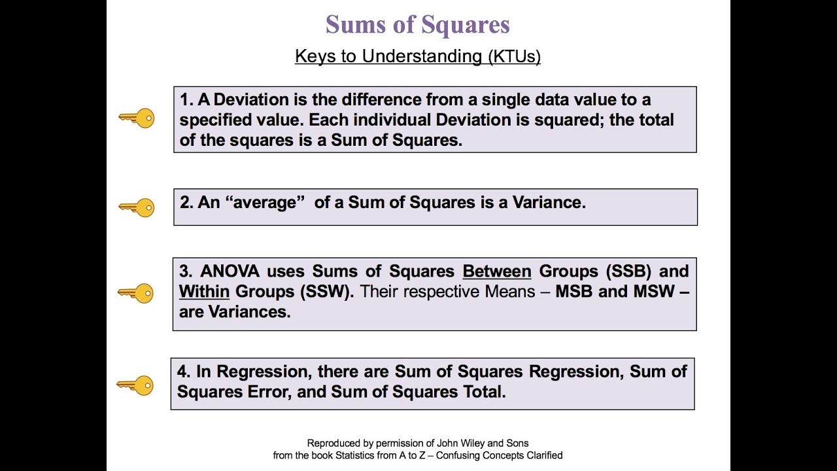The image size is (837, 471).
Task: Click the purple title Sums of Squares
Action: coord(418,25)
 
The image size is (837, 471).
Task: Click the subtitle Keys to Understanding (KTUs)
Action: coord(418,56)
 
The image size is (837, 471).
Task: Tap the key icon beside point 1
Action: coord(137,118)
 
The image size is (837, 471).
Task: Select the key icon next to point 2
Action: coord(137,208)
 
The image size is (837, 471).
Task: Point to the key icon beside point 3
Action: coord(136,292)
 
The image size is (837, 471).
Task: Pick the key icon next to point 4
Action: coord(135,385)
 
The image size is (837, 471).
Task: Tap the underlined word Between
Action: coord(497,271)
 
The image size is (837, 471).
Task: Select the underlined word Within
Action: coord(204,292)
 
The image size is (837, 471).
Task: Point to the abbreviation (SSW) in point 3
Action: coord(326,292)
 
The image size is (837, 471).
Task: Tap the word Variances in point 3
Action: coord(249,312)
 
